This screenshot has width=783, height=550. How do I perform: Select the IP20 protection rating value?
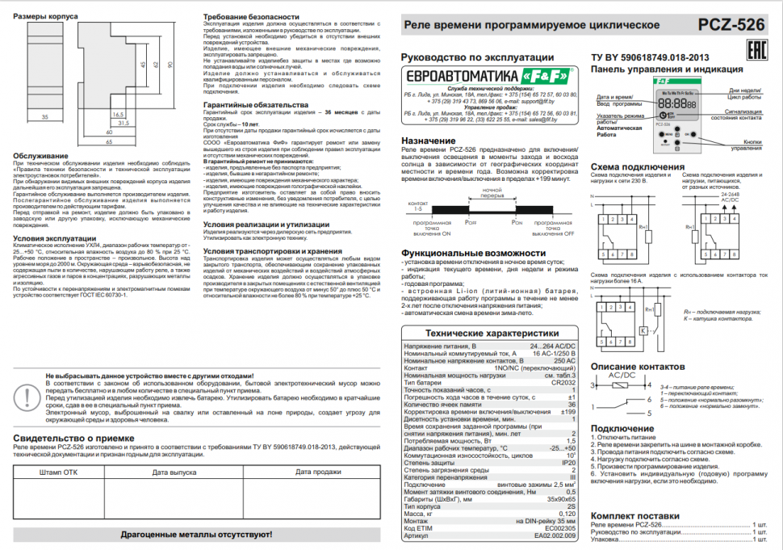[567, 461]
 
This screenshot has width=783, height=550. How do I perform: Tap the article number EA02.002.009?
[555, 535]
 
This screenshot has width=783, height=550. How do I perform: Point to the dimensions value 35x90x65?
[559, 499]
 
